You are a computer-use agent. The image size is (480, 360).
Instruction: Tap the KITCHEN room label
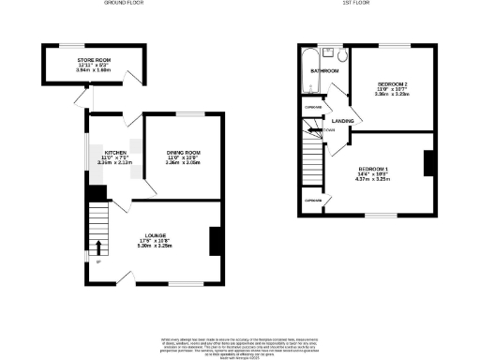click(115, 151)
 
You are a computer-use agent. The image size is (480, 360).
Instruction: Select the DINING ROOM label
click(183, 151)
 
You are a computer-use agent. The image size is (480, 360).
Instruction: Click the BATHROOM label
click(325, 70)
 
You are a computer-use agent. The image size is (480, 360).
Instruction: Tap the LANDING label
click(342, 121)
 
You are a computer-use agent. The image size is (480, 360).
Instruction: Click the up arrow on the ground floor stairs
click(98, 247)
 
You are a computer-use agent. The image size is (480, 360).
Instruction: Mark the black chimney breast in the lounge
click(216, 241)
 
